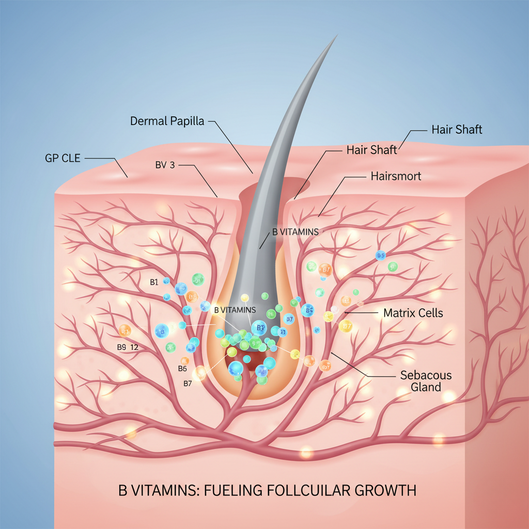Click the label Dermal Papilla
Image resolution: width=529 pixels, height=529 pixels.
[167, 121]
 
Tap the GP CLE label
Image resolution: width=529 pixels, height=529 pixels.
[63, 158]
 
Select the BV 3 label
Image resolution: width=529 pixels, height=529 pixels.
[168, 165]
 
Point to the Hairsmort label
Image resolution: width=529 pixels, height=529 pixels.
[396, 176]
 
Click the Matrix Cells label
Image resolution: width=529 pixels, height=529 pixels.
[413, 313]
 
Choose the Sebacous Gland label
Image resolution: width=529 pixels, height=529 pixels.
[426, 381]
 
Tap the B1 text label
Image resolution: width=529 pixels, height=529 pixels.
[153, 282]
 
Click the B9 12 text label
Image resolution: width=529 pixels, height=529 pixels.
[127, 348]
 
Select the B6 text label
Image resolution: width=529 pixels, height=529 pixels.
[182, 368]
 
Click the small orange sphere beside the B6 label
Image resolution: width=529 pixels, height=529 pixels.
[184, 361]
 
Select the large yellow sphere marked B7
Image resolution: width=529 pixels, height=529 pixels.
[346, 326]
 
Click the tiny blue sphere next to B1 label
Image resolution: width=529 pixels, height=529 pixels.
[166, 281]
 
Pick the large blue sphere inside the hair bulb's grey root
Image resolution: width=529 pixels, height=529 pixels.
[259, 328]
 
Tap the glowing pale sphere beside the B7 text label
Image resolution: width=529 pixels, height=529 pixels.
[199, 373]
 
